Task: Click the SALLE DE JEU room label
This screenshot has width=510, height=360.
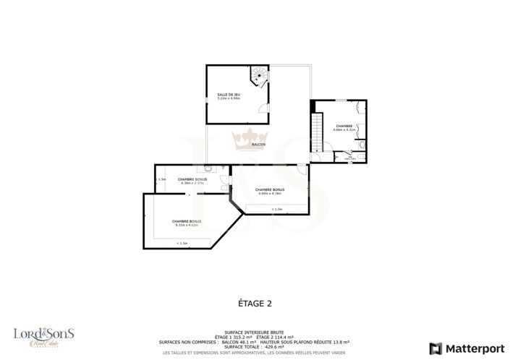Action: [x=228, y=94]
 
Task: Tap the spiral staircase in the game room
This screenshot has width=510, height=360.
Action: [x=259, y=75]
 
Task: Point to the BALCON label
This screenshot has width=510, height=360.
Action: [x=258, y=145]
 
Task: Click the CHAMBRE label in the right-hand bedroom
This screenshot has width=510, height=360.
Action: [x=343, y=126]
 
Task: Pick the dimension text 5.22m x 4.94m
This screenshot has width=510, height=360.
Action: [x=228, y=98]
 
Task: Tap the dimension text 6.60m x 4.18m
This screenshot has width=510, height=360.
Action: [x=268, y=194]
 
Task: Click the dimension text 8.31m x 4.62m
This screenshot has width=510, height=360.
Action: [x=187, y=226]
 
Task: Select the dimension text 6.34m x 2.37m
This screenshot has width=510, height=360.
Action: [x=192, y=183]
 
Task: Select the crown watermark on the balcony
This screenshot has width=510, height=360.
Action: [x=250, y=138]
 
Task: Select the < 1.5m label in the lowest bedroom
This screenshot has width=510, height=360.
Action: [x=182, y=244]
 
